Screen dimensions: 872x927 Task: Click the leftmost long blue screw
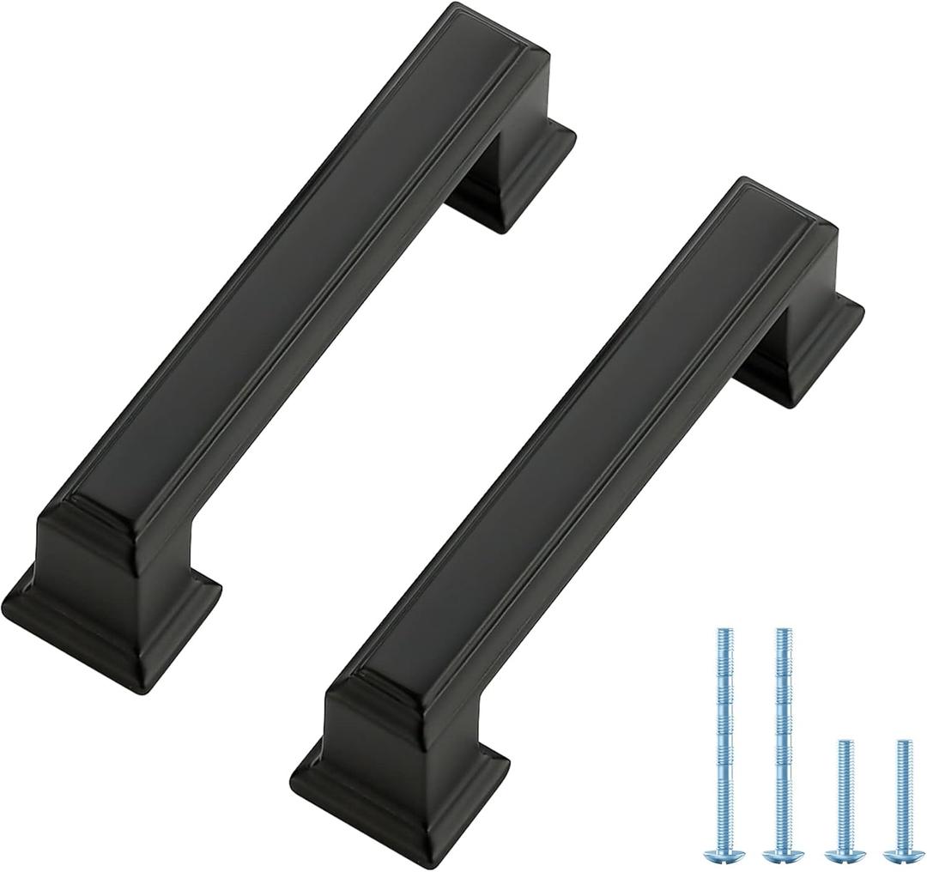723,738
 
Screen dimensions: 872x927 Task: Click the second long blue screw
782,738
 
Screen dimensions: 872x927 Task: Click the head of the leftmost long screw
723,853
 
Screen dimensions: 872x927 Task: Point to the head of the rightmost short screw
901,855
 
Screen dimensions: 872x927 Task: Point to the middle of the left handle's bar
283,283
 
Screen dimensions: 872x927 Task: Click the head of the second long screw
782,853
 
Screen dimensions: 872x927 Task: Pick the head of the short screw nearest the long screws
844,855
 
